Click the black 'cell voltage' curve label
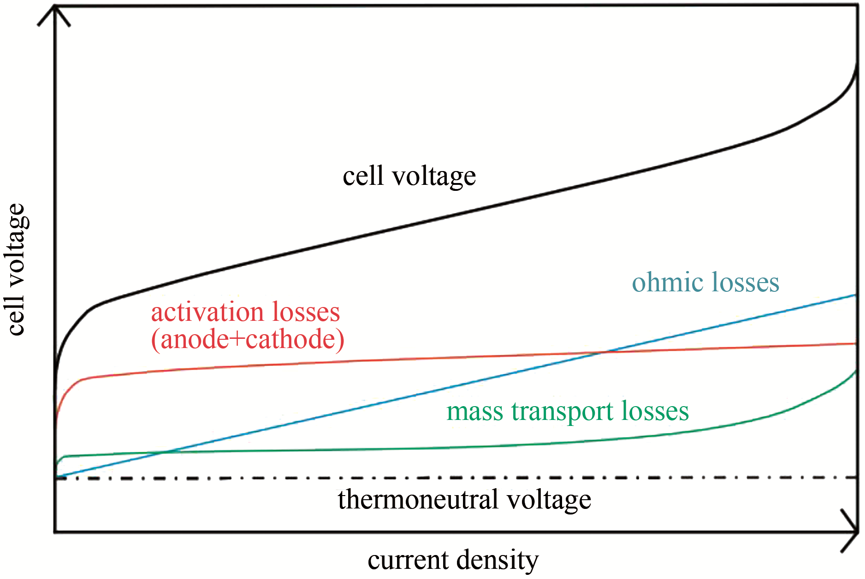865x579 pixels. tap(409, 176)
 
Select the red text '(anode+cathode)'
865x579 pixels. tap(248, 340)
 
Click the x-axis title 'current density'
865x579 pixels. tap(453, 561)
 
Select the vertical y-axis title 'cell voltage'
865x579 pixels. tap(17, 270)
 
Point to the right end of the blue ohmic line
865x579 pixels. tap(855, 295)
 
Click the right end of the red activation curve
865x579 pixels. tap(855, 343)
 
